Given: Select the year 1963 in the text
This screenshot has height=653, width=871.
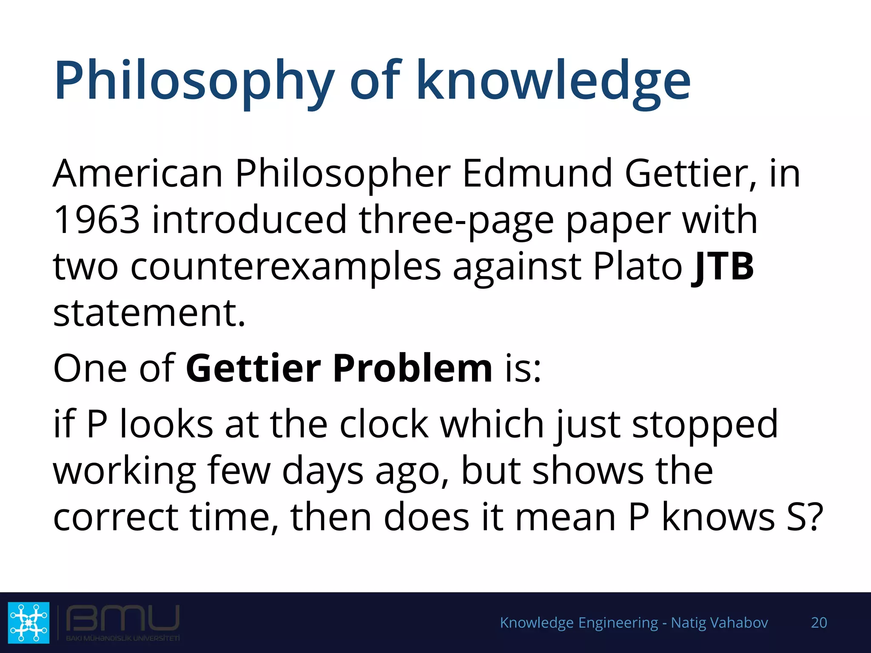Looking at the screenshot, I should click(x=97, y=219).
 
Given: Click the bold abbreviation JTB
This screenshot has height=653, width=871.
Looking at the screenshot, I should click(x=723, y=266).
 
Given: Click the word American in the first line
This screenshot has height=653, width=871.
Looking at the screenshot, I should click(x=138, y=173).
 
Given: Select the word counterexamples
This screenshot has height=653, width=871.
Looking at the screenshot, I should click(x=285, y=266).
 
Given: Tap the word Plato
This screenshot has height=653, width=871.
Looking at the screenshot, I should click(x=638, y=266).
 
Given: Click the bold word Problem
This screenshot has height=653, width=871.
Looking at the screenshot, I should click(x=412, y=368).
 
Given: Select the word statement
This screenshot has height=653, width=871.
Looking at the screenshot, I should click(x=149, y=313).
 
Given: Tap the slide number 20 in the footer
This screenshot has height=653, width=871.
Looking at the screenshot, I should click(x=819, y=622).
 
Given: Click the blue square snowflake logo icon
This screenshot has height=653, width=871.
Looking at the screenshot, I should click(x=28, y=622).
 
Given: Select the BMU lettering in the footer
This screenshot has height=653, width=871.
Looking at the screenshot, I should click(x=122, y=618).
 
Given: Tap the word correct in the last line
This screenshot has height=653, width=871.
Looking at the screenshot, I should click(x=115, y=517).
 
